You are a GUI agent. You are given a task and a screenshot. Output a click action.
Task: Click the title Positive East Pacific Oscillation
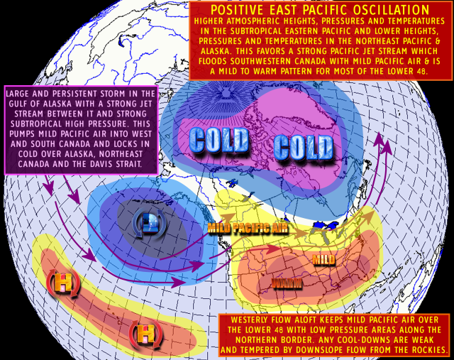[320, 11]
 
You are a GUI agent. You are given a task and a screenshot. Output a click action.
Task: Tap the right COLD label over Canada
[304, 148]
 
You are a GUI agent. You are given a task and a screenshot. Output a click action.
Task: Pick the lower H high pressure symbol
[144, 332]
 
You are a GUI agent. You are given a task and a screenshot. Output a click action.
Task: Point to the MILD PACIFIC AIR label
[248, 228]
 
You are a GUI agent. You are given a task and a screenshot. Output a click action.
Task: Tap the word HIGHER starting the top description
[211, 21]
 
